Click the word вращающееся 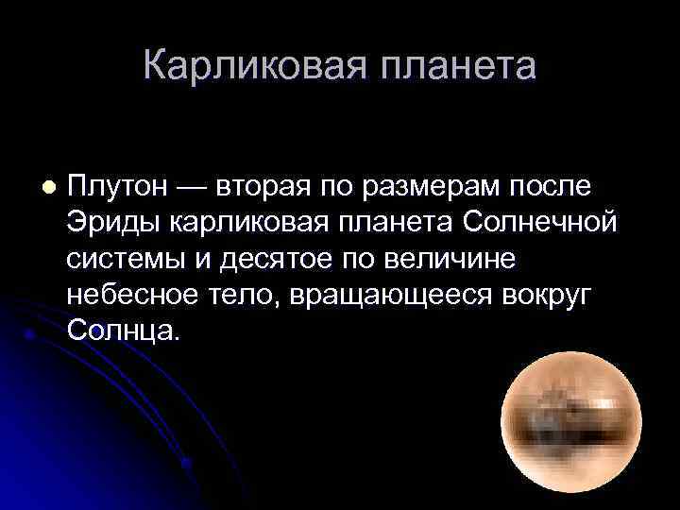pos(386,295)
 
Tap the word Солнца pos(122,331)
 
